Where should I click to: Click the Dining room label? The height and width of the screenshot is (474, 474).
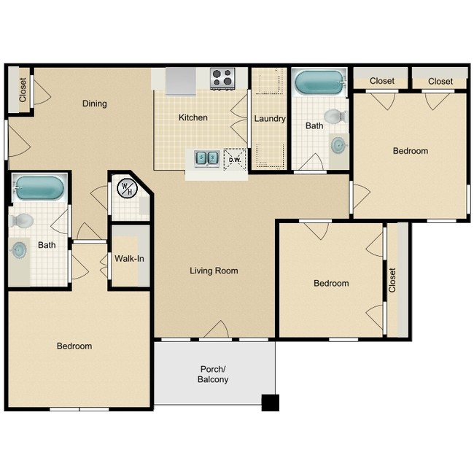(x=94, y=104)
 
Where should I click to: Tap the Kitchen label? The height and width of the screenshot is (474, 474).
(x=193, y=117)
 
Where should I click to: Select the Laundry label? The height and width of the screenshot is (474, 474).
(x=269, y=119)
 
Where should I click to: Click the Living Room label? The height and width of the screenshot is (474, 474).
(x=214, y=271)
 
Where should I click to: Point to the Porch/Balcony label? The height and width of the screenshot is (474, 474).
(x=213, y=374)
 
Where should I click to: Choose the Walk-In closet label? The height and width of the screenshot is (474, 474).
(x=128, y=258)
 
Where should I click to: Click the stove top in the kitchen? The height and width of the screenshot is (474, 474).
(x=222, y=77)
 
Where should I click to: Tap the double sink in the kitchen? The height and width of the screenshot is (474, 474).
(x=206, y=158)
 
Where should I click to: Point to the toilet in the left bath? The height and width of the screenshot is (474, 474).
(x=23, y=220)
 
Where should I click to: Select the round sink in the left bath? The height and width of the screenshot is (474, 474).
(x=20, y=250)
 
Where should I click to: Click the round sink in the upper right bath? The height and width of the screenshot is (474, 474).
(x=338, y=144)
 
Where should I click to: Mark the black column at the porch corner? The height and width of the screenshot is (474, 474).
(x=270, y=402)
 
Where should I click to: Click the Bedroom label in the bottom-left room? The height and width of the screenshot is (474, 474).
(x=74, y=346)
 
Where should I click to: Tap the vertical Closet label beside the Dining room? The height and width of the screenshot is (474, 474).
(x=23, y=90)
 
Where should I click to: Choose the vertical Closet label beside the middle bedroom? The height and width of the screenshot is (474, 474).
(x=392, y=281)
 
